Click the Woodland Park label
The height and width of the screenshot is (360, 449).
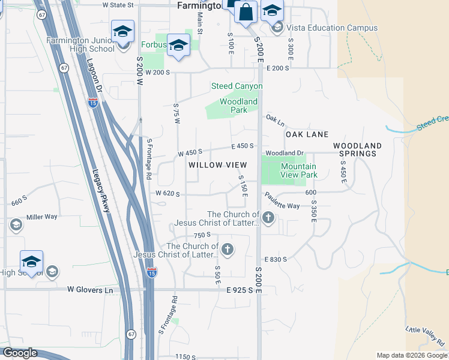point(238,106)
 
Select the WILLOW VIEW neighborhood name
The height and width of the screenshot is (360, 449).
point(217,165)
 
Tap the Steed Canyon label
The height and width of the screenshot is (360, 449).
point(237,86)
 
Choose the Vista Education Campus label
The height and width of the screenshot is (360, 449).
point(332,28)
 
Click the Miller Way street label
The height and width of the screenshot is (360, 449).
point(42,217)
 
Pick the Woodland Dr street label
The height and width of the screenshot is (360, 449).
point(285,154)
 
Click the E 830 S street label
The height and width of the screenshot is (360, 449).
point(275,259)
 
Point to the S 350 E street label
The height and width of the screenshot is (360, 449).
point(313,211)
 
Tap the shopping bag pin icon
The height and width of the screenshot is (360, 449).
point(246,12)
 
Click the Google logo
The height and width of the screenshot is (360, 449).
point(19,353)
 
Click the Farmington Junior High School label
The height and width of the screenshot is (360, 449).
point(80,44)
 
